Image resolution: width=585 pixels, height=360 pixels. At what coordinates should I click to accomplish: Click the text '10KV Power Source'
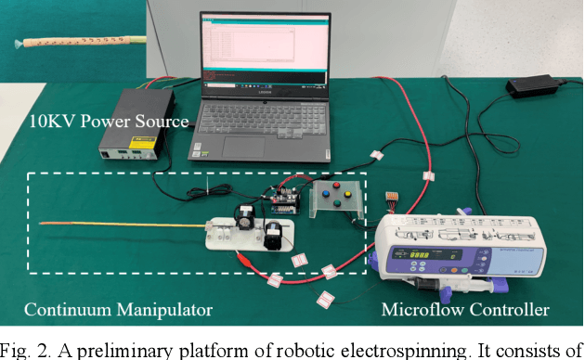(110, 122)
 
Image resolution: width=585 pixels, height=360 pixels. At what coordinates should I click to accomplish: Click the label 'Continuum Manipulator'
(118, 310)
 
